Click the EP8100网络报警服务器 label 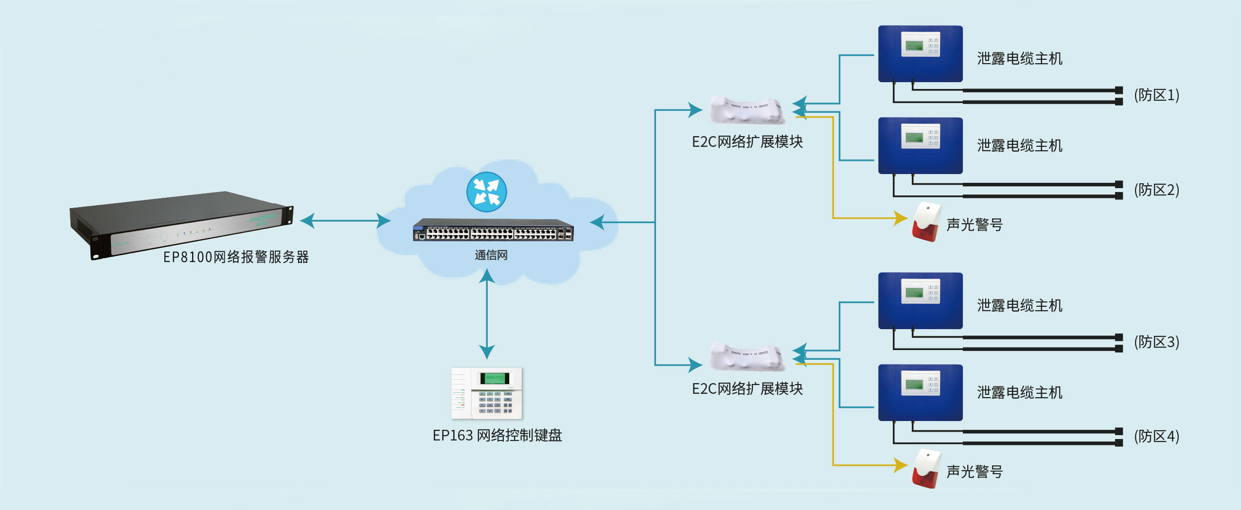pos(236,257)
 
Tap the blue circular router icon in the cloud pos(486,192)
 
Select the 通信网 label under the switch pos(491,255)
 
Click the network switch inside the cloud pos(493,230)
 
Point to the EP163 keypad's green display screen pos(495,378)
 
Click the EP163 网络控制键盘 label pos(497,435)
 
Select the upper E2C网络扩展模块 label pos(747,141)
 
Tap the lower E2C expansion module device pos(747,357)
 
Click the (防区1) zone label pos(1156,95)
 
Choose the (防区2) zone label pos(1156,190)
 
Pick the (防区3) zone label pos(1156,342)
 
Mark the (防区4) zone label pos(1156,436)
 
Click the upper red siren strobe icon pos(925,223)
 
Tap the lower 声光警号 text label pos(974,471)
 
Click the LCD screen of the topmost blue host pos(914,46)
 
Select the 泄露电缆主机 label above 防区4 pos(1019,392)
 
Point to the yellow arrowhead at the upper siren pos(901,218)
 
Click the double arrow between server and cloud pos(345,221)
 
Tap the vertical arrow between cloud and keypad pos(487,314)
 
